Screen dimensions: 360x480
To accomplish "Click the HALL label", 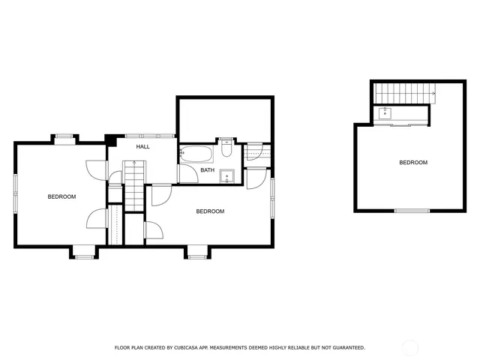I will coord(142,146).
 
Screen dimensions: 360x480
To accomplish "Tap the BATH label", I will coord(207,170).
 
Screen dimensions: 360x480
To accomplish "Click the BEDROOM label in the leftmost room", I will coord(61,196).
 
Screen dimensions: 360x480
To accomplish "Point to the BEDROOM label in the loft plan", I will coord(412,163).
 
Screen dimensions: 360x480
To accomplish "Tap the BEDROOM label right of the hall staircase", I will coord(210,211).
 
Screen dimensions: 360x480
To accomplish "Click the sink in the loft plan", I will coord(385,114).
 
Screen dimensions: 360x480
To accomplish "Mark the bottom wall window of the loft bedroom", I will coord(412,211).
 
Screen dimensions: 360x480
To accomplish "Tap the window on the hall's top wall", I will coord(150,136).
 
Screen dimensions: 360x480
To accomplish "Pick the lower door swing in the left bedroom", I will coord(96,220).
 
